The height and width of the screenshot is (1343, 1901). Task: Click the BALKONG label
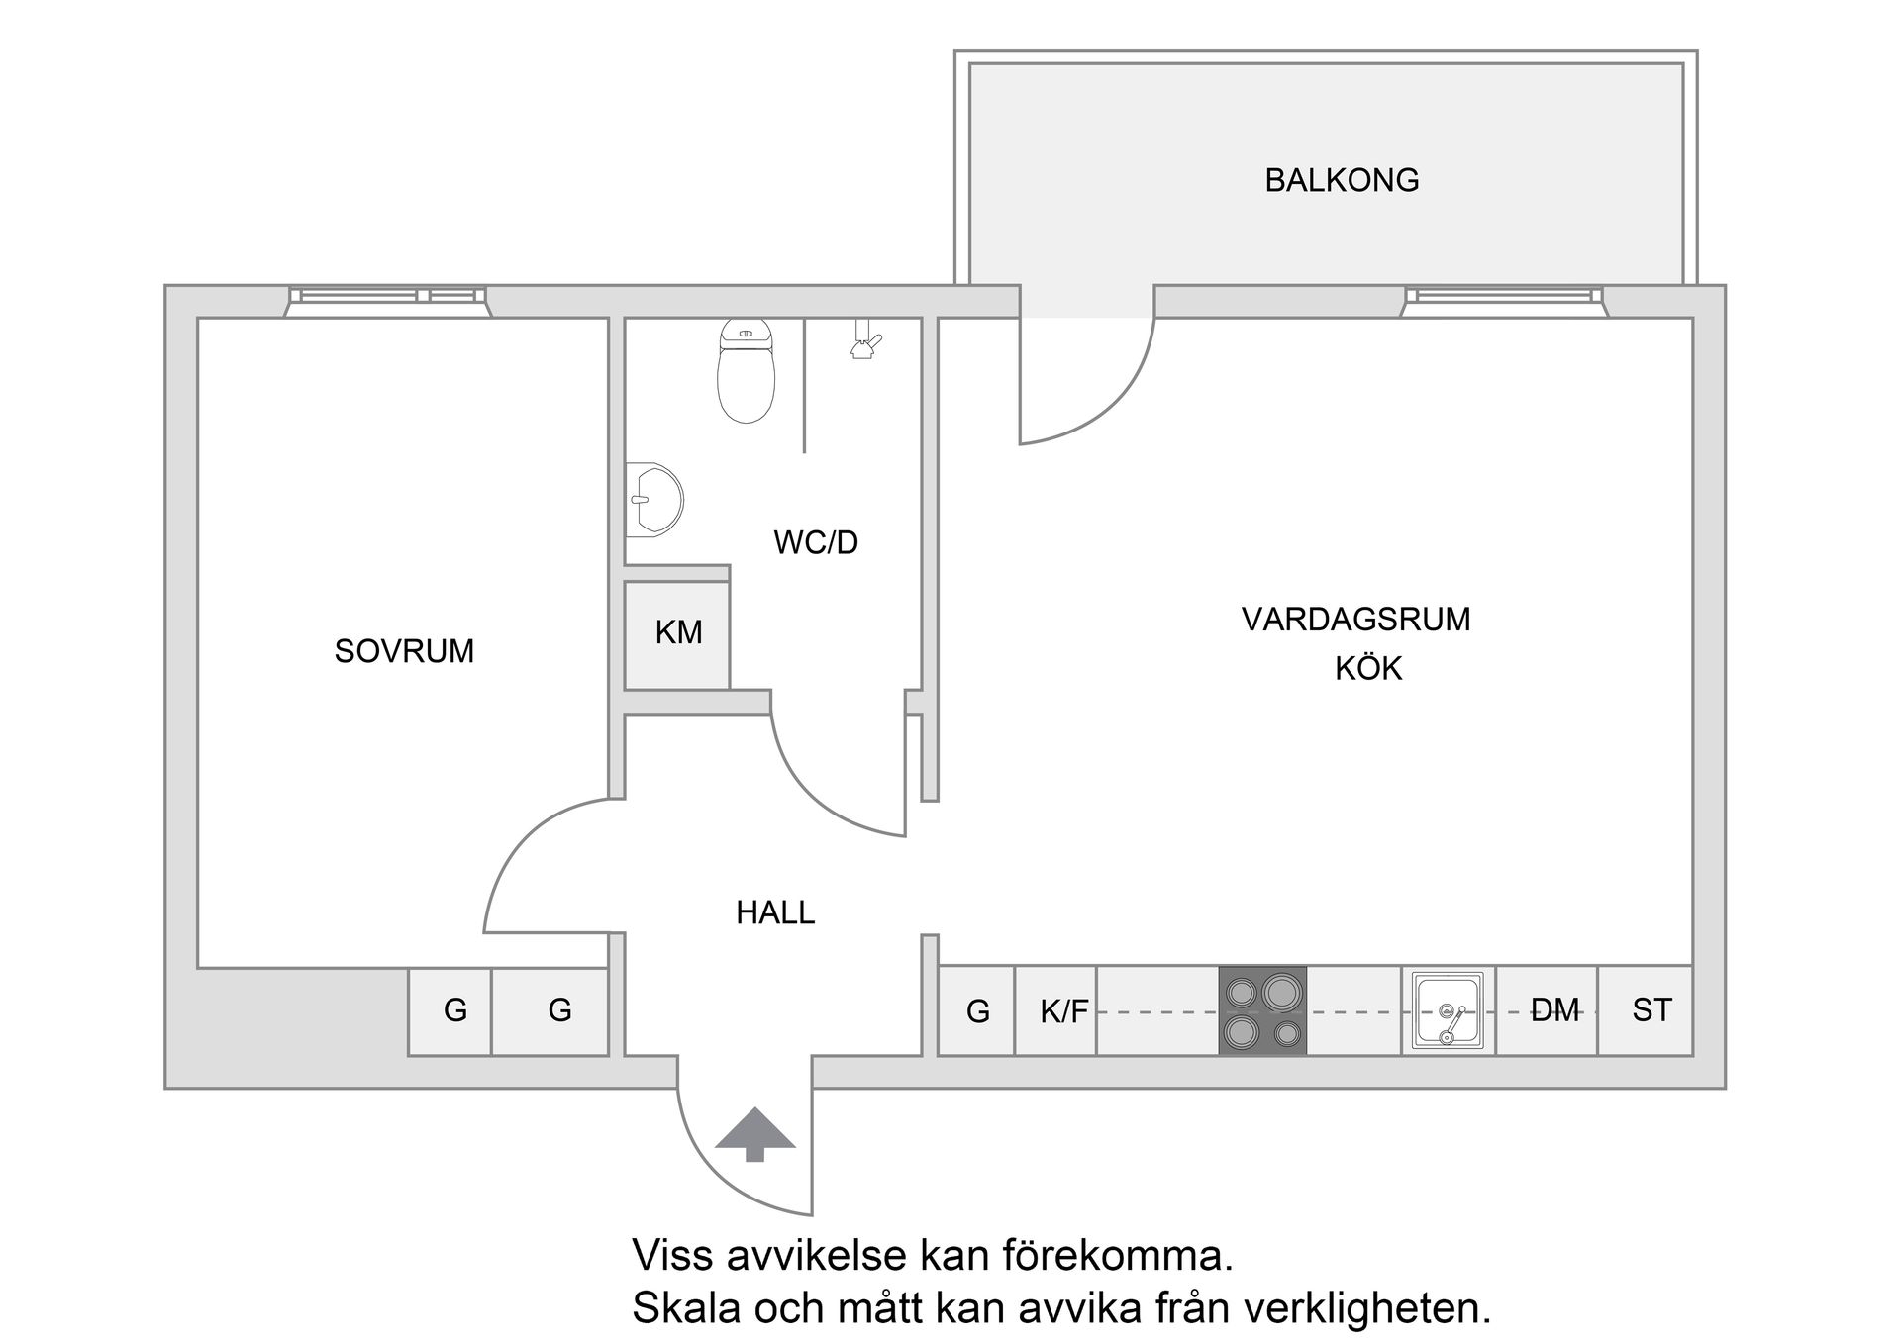(x=1342, y=180)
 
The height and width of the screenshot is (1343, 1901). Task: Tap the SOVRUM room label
(x=404, y=651)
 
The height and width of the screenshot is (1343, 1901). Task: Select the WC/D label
(x=816, y=542)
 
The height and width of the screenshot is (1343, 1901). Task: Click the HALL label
(x=775, y=912)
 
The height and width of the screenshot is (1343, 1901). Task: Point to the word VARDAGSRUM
(x=1355, y=620)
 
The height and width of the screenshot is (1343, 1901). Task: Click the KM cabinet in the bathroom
(x=677, y=633)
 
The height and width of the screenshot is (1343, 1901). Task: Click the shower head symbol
(x=865, y=339)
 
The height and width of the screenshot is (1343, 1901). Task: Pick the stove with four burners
(x=1262, y=1010)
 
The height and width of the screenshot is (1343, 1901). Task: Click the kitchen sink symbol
(x=1448, y=1010)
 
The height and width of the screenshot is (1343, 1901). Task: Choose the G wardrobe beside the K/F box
(x=976, y=1011)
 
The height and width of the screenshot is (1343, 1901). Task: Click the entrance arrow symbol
(x=755, y=1133)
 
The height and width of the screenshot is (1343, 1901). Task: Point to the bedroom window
(x=387, y=300)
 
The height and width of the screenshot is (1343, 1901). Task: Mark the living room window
(x=1503, y=300)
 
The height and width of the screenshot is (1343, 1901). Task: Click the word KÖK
(x=1368, y=669)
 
